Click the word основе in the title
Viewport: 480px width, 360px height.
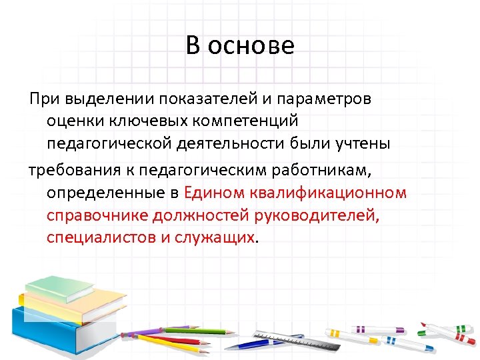(x=250, y=46)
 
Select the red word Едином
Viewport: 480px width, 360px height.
(x=215, y=193)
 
